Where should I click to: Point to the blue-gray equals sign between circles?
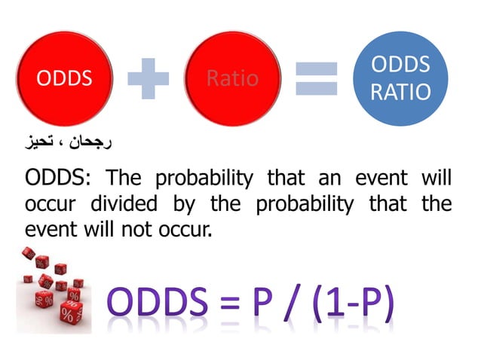tap(317, 78)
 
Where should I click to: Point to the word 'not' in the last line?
tap(148, 228)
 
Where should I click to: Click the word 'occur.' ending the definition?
tap(188, 228)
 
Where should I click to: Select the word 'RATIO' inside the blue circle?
tap(401, 92)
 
